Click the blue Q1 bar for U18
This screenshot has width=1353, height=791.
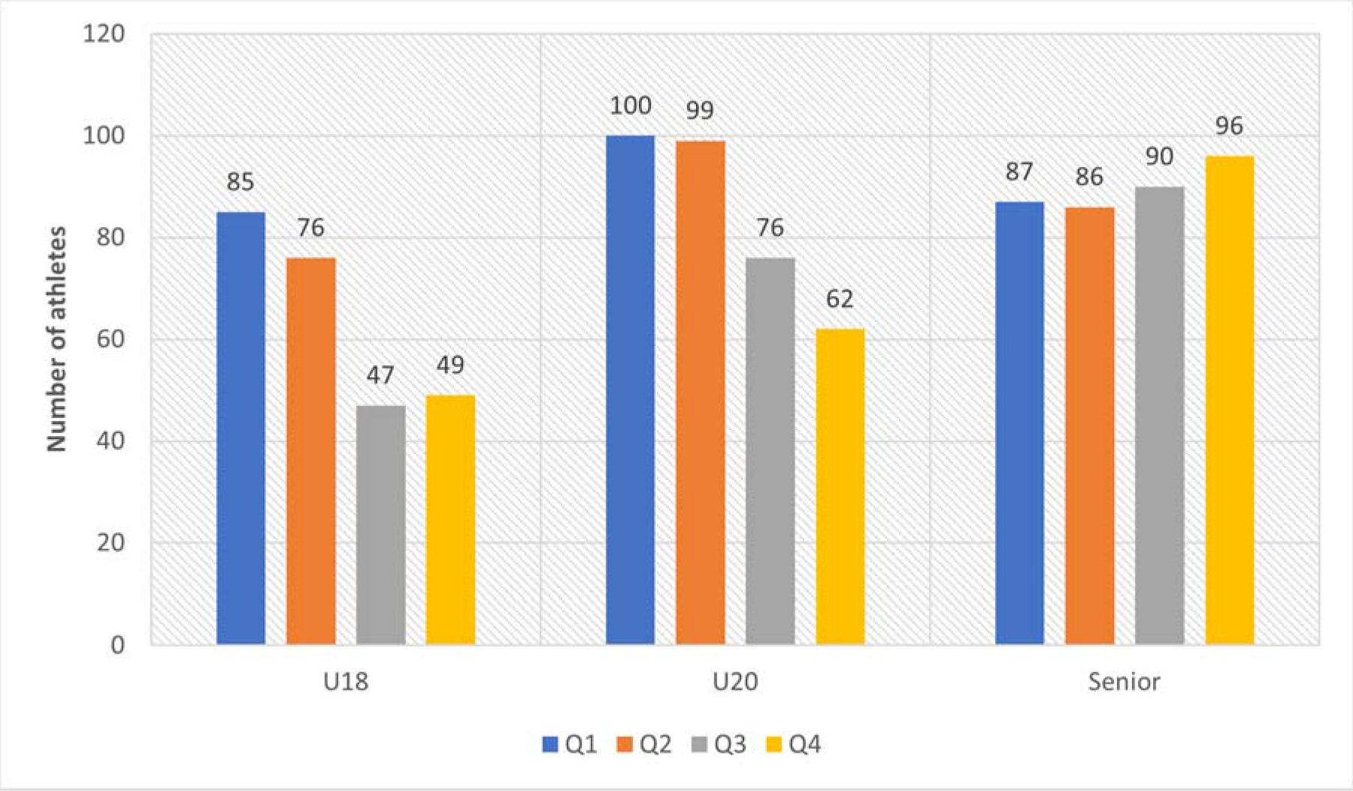pos(241,428)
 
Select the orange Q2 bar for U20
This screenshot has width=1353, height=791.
pos(700,392)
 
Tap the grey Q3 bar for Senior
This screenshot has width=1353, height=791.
pos(1159,415)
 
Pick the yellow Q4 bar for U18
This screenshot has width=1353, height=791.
pos(450,519)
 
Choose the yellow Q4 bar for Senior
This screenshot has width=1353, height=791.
pos(1229,399)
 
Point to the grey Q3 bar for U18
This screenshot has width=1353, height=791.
pos(380,524)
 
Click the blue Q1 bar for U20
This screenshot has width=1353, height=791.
pos(630,389)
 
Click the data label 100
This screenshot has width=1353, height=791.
pos(630,105)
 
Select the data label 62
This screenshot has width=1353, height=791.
pos(840,299)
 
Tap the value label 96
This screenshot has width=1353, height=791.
pos(1229,126)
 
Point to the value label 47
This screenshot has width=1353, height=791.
pos(380,374)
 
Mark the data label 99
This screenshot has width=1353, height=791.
pos(700,111)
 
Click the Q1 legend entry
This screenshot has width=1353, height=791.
pos(570,744)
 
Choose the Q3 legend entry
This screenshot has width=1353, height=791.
pos(719,744)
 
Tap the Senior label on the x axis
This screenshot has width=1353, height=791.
pos(1124,682)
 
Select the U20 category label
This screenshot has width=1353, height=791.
pos(734,682)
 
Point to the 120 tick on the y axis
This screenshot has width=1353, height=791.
pos(104,34)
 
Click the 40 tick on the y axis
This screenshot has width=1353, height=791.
pos(110,441)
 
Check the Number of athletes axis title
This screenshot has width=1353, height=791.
pos(57,338)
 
